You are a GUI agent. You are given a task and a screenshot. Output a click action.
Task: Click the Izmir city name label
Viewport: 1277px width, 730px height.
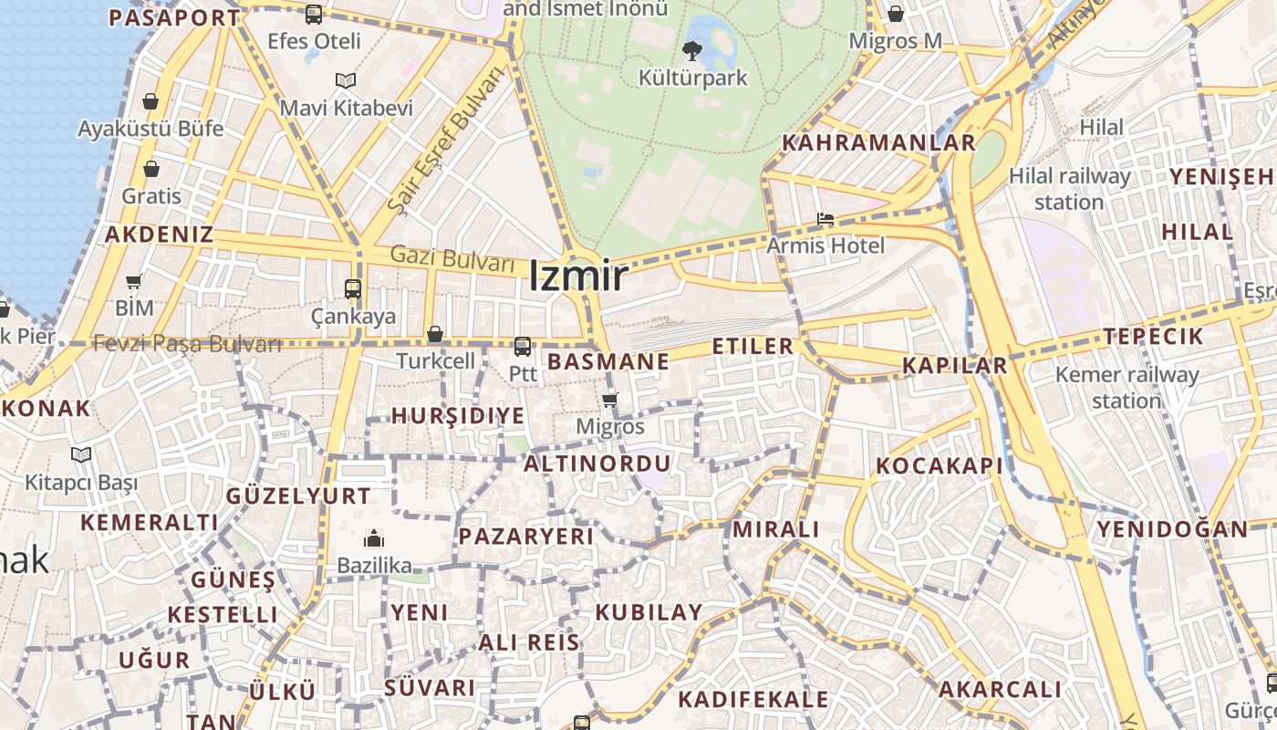[x=578, y=276]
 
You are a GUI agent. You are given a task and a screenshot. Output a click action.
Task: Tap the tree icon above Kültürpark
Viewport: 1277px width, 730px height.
[x=692, y=50]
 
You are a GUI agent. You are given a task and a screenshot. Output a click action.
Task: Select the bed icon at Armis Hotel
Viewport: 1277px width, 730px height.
[x=825, y=219]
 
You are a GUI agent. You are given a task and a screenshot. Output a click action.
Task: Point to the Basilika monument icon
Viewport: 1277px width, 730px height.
[x=374, y=538]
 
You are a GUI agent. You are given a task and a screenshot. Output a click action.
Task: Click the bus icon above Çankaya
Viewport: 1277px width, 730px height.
[x=353, y=289]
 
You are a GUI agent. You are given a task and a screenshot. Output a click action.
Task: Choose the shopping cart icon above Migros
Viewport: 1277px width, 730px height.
[x=610, y=400]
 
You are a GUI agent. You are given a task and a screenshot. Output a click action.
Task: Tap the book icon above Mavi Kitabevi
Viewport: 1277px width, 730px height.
[x=345, y=81]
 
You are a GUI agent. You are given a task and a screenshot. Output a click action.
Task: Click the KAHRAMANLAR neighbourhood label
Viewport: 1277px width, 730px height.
[x=879, y=142]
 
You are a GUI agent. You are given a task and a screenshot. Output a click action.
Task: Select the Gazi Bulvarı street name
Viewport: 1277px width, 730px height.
[x=452, y=258]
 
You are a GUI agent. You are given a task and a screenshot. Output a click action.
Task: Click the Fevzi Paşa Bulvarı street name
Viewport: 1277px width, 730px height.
[x=187, y=344]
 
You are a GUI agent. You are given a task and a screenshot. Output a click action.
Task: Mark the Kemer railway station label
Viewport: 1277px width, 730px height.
[x=1126, y=387]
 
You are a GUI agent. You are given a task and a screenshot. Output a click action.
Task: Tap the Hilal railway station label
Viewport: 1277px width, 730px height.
[x=1069, y=189]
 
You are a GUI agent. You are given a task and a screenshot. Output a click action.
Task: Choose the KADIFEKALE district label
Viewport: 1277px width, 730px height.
[x=753, y=700]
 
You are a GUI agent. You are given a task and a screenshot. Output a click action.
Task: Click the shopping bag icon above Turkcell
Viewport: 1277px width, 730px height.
[x=435, y=334]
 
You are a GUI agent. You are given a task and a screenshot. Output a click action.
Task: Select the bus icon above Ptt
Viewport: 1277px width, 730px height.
[x=522, y=347]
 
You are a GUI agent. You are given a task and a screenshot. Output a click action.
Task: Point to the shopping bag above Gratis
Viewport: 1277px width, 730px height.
[x=151, y=169]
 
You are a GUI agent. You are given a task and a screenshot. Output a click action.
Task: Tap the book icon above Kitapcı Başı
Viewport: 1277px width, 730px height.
[x=81, y=454]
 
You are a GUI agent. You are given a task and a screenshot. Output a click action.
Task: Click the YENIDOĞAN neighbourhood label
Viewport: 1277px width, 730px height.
[x=1172, y=529]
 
